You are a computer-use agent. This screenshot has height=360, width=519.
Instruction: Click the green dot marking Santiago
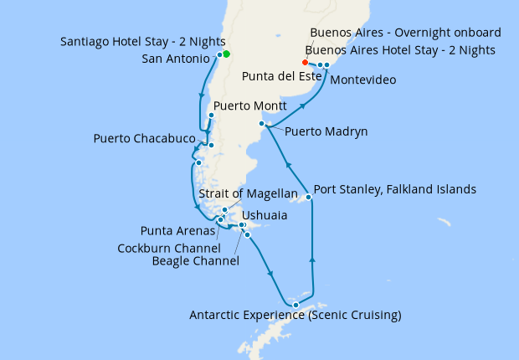226,54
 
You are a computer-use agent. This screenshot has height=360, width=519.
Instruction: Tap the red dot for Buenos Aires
305,63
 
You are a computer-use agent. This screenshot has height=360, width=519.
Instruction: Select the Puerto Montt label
251,106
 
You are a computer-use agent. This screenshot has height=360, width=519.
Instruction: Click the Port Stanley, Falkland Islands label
394,189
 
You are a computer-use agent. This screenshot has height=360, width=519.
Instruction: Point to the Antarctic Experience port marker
295,305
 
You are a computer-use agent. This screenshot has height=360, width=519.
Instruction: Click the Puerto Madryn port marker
262,124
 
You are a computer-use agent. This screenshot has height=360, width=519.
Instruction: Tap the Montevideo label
363,80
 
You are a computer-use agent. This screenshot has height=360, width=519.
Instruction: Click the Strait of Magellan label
249,194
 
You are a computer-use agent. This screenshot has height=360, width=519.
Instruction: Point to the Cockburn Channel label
169,248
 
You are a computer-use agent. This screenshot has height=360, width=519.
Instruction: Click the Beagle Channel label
196,261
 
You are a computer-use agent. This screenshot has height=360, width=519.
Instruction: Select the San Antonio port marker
219,55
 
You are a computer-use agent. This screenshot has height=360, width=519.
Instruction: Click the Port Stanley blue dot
309,198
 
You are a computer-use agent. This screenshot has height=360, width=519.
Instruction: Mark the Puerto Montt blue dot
211,116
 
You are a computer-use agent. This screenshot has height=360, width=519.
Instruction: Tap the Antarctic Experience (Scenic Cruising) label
295,316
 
